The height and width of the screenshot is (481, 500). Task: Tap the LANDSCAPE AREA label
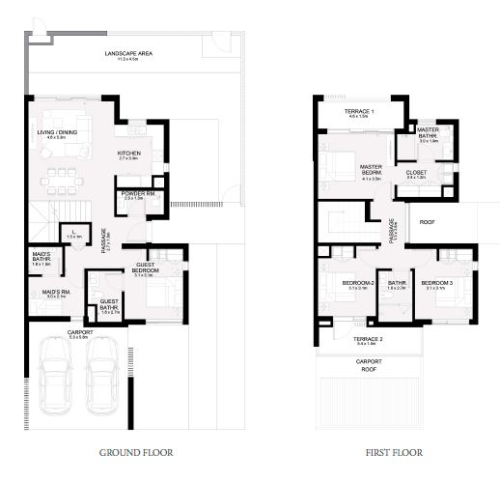point(128,55)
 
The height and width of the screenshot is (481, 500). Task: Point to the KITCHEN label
point(129,154)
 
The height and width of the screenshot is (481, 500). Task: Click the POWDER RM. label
point(133,194)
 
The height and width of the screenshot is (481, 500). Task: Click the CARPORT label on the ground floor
point(80,333)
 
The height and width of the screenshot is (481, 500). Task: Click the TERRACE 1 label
point(359,113)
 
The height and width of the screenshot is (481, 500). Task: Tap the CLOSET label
point(416,174)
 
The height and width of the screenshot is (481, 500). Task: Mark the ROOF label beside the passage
point(428,220)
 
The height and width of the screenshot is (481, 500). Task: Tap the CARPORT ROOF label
point(369,365)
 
